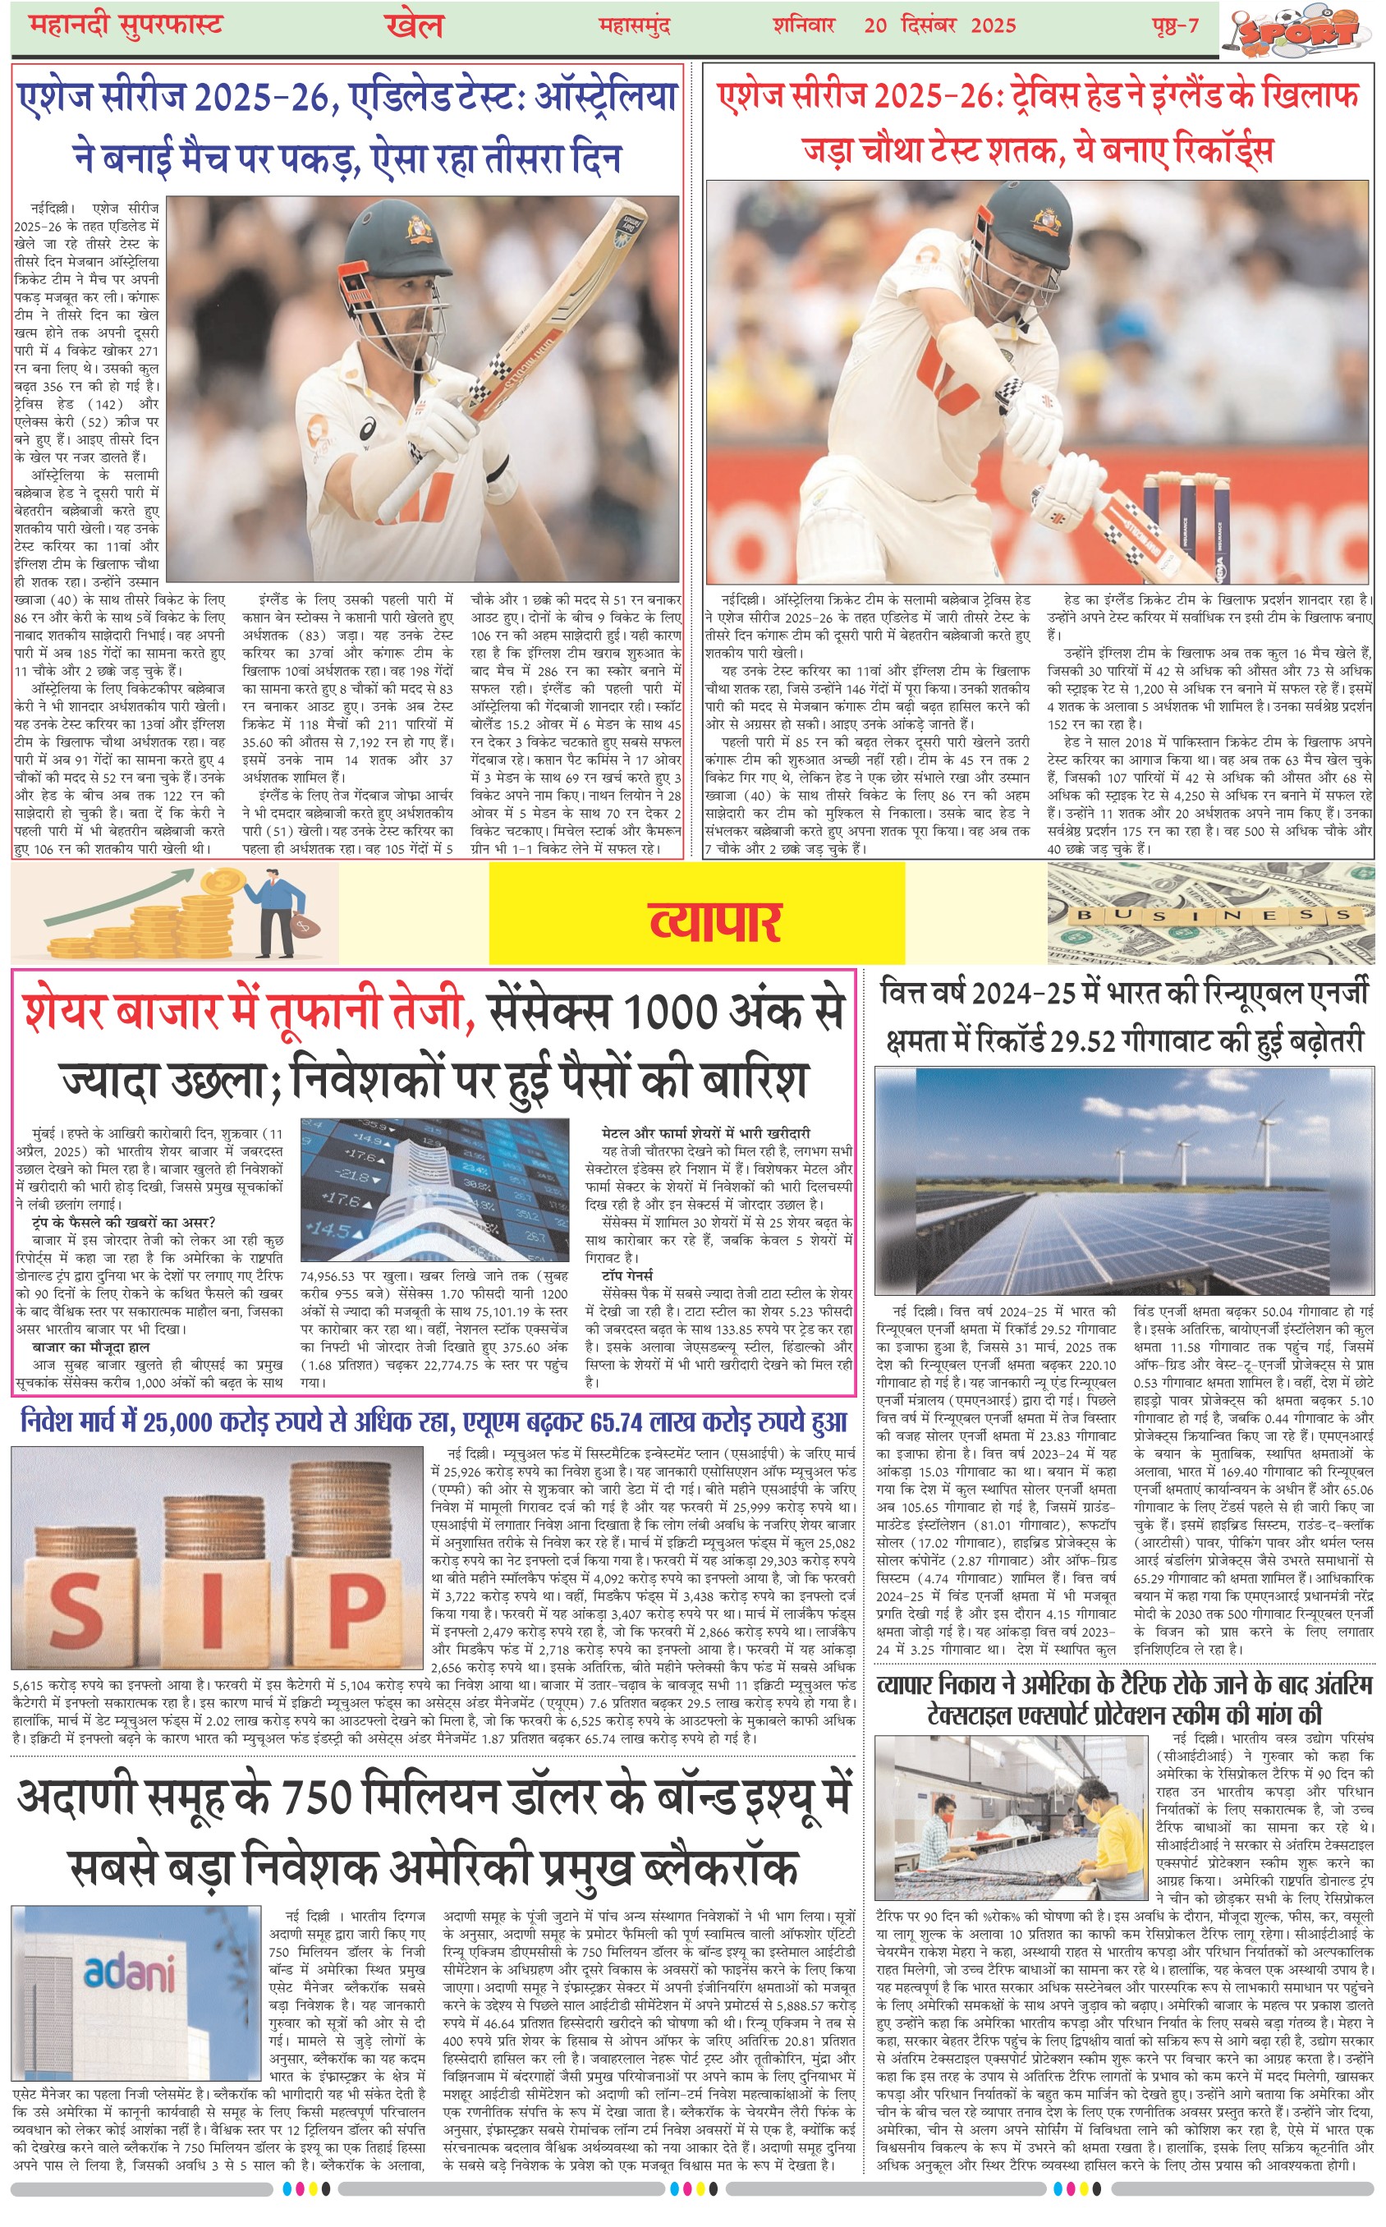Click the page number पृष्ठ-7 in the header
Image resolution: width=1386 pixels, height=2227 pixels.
click(x=1175, y=25)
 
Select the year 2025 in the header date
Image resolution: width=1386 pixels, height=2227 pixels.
click(x=993, y=25)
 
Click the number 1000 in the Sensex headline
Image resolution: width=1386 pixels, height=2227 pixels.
click(x=677, y=1012)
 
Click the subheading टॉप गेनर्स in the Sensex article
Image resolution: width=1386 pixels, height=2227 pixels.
click(x=628, y=1274)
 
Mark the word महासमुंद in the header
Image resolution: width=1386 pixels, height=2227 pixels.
click(x=635, y=25)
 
